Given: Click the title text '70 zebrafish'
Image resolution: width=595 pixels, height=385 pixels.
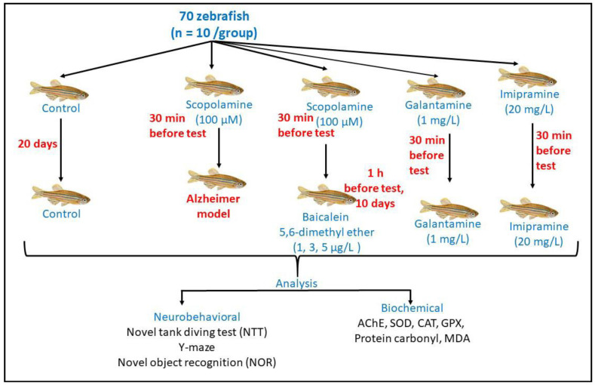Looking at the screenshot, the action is [x=214, y=17].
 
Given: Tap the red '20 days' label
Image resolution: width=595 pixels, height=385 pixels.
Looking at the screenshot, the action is [x=38, y=144].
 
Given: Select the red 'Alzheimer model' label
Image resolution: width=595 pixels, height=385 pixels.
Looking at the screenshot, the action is [x=213, y=206].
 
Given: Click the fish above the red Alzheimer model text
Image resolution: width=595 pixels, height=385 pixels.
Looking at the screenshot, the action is [x=216, y=180].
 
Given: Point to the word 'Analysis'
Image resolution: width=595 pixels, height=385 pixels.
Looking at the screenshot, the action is [x=296, y=283].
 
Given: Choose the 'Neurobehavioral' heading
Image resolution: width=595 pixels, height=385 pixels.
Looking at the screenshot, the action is [x=197, y=317].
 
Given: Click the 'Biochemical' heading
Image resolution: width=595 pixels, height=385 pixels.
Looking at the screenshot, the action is [x=412, y=308].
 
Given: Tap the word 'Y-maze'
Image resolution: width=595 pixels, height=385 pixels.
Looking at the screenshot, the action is [x=197, y=347].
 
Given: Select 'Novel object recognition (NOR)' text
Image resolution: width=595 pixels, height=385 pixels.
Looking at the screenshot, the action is [x=197, y=362].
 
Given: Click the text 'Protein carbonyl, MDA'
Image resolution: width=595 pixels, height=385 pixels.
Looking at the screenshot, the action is [x=412, y=338].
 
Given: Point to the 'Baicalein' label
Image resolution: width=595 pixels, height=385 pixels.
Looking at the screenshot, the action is [x=325, y=217].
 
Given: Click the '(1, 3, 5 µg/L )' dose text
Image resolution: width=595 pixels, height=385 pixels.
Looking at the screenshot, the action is [x=327, y=248].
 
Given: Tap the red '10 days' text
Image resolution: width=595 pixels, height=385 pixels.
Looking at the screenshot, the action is [x=375, y=204].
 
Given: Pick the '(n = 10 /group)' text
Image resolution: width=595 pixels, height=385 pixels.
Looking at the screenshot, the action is [x=214, y=33].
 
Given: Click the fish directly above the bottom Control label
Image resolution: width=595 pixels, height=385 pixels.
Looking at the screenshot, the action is [x=61, y=196].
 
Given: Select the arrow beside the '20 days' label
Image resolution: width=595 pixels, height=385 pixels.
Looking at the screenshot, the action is [x=61, y=151].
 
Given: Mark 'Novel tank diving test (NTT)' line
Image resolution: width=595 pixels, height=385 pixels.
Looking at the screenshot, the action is [x=197, y=332].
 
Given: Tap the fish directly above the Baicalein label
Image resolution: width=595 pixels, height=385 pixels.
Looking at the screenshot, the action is [x=327, y=196].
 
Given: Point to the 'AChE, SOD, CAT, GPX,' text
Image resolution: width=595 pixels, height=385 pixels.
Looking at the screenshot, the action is [x=411, y=324].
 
